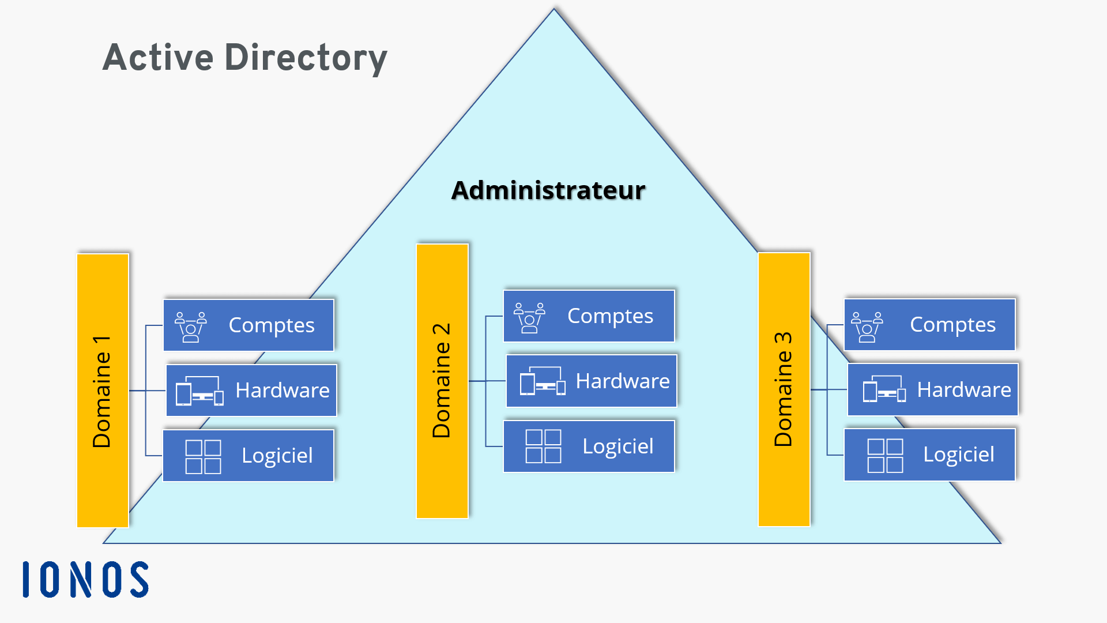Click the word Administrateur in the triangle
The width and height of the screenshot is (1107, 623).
coord(548,190)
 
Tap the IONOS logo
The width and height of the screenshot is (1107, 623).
coord(85,579)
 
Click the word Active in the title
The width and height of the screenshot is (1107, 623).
coord(158,58)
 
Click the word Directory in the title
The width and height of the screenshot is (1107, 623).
coord(306,59)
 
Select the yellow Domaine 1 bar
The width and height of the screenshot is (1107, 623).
coord(103,391)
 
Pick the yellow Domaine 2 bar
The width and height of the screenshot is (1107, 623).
coord(442,381)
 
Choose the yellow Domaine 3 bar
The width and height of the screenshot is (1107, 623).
coord(784,389)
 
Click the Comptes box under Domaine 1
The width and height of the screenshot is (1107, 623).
coord(248,325)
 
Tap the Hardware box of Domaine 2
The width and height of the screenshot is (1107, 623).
coord(591,381)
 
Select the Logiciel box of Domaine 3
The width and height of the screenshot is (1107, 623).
coord(929,455)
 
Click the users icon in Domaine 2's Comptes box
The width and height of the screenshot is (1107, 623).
coord(529,317)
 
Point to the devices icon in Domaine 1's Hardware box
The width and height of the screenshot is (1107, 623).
coord(199,391)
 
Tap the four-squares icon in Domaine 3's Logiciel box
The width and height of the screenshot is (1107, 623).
coord(885,455)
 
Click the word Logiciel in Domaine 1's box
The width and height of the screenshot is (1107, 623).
coord(277,456)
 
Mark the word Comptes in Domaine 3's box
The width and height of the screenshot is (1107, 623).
coord(952,325)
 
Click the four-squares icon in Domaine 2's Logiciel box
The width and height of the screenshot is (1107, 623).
coord(543,446)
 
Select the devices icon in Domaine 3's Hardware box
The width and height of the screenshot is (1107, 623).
coord(884,389)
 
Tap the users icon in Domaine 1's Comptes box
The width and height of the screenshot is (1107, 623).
coord(190,326)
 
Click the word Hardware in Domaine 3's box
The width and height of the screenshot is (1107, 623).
coord(963,390)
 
